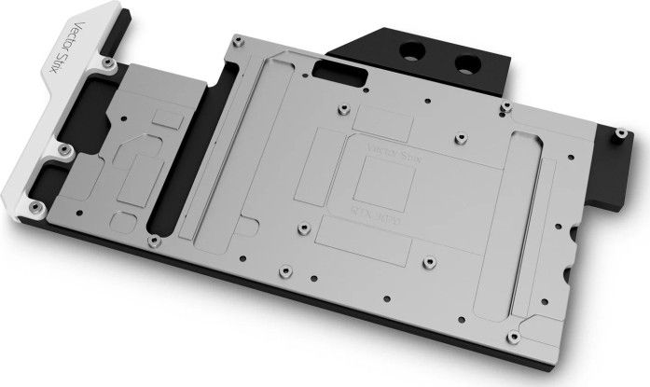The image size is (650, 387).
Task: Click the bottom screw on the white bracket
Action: tap(35, 206)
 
